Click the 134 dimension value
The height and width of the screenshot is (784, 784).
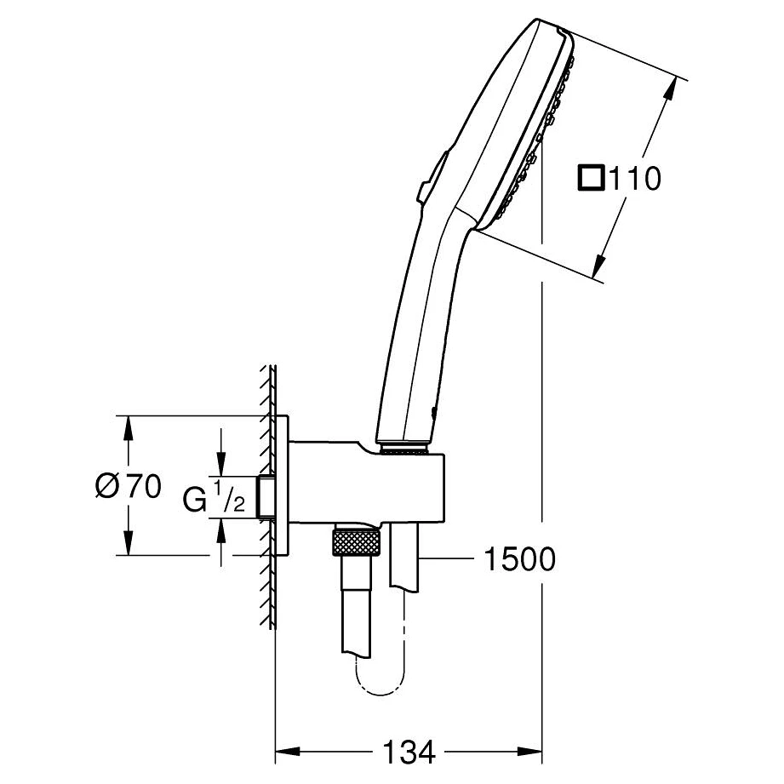409,752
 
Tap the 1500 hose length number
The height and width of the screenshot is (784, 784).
519,559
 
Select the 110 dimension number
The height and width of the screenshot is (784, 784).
634,178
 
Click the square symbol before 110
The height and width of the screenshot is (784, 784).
591,178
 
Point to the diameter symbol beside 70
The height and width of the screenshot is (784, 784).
107,485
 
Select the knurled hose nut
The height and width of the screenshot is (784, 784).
358,543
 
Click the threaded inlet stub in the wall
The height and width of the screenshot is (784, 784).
265,496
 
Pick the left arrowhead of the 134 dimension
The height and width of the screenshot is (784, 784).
288,751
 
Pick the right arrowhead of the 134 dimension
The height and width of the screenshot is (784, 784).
530,751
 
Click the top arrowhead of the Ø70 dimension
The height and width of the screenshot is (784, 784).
129,427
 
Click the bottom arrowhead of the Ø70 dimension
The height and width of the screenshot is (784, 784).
129,542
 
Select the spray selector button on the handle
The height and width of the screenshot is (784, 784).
432,176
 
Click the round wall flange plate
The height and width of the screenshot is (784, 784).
282,485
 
